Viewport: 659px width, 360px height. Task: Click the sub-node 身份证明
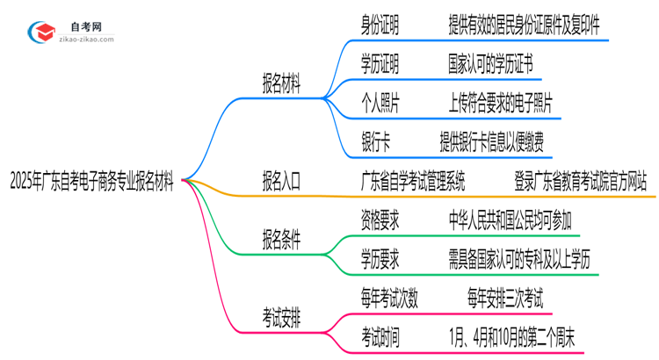point(380,26)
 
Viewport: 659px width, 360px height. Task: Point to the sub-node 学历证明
point(380,64)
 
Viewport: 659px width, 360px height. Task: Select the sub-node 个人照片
point(380,104)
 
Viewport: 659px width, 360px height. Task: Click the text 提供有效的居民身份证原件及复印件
point(525,26)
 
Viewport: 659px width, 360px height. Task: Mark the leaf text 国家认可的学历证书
point(489,64)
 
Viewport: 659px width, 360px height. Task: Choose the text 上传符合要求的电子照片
point(500,104)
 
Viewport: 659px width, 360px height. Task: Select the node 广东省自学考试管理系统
point(413,182)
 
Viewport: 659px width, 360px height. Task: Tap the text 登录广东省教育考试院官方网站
point(582,182)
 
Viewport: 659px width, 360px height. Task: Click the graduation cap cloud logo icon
point(41,32)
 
